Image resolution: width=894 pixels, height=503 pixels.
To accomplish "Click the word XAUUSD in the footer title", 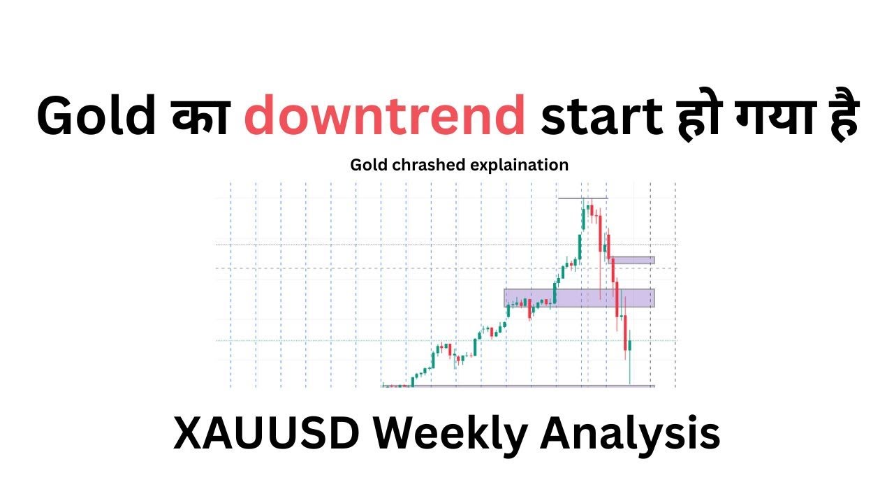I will [x=265, y=434].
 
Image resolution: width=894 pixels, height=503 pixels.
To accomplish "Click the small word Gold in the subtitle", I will [x=366, y=165].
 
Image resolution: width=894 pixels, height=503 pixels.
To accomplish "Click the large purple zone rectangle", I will [x=579, y=298].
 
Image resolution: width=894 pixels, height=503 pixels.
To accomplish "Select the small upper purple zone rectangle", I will [x=633, y=260].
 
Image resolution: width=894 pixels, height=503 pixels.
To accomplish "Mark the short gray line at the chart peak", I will [x=582, y=199].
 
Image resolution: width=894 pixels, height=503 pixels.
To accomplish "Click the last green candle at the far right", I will [x=630, y=346].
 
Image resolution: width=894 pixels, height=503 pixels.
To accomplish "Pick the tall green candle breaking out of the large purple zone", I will [x=555, y=292].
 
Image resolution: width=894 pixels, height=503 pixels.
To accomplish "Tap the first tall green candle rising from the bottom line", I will [x=413, y=381].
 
